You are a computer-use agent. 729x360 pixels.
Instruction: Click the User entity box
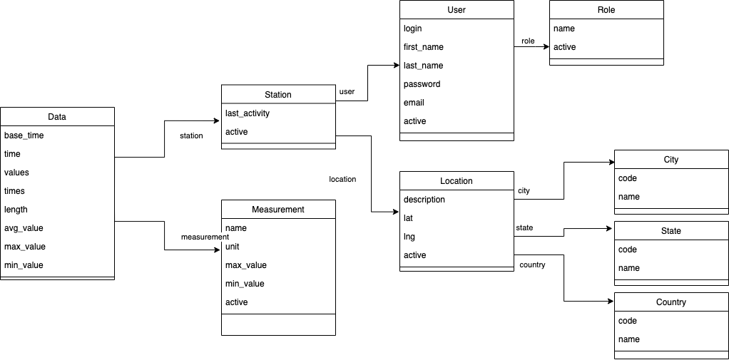tap(457, 10)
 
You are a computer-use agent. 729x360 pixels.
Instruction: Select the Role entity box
tap(606, 10)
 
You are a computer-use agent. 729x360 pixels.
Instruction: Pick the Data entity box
tap(57, 117)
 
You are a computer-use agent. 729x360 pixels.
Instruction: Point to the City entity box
tap(671, 160)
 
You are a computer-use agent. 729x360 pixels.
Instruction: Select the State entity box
tap(671, 231)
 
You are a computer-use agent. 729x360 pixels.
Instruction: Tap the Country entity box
tap(671, 302)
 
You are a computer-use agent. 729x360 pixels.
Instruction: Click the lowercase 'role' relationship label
tap(528, 41)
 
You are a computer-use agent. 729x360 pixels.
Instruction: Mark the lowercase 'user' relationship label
tap(347, 92)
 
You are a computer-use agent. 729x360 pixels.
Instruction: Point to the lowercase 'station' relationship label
tap(191, 135)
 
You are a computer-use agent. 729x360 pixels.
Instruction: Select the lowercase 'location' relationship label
tap(342, 180)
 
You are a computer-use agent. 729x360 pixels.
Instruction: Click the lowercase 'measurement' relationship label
tap(205, 237)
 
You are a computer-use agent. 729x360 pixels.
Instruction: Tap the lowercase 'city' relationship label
tap(524, 191)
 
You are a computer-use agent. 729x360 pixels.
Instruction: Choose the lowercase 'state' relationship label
tap(524, 228)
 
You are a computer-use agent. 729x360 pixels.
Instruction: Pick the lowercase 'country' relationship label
tap(532, 265)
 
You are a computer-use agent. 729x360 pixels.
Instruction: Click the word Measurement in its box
tap(278, 210)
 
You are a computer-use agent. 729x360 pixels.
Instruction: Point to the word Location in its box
tap(457, 181)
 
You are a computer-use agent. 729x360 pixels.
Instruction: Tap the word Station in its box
tap(278, 94)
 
